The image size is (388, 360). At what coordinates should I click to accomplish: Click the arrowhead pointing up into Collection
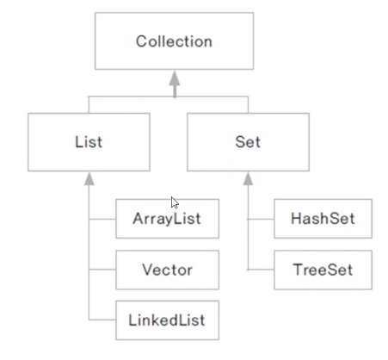[x=175, y=78]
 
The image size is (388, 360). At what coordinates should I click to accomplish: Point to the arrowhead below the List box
[x=89, y=178]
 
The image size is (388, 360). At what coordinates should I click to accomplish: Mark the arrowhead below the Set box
[x=248, y=178]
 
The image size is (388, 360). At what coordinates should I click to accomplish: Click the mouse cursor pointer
[x=175, y=202]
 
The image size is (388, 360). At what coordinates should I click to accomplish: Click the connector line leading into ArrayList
[x=102, y=219]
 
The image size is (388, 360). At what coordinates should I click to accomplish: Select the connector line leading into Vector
[x=102, y=270]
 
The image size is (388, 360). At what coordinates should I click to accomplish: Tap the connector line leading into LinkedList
[x=102, y=320]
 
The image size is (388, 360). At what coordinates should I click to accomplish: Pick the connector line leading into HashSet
[x=261, y=219]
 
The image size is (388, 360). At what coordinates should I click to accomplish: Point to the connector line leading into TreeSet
[x=261, y=270]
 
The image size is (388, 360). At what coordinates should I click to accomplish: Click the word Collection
[x=174, y=41]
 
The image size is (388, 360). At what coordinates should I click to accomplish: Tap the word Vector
[x=168, y=270]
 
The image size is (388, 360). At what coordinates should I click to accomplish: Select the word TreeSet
[x=323, y=270]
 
